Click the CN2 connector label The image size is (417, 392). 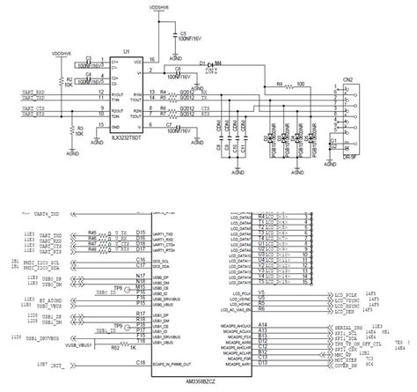click(x=348, y=80)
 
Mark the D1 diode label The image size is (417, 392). click(x=201, y=63)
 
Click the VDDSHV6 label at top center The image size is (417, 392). click(x=164, y=6)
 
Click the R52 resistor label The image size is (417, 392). click(x=114, y=348)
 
